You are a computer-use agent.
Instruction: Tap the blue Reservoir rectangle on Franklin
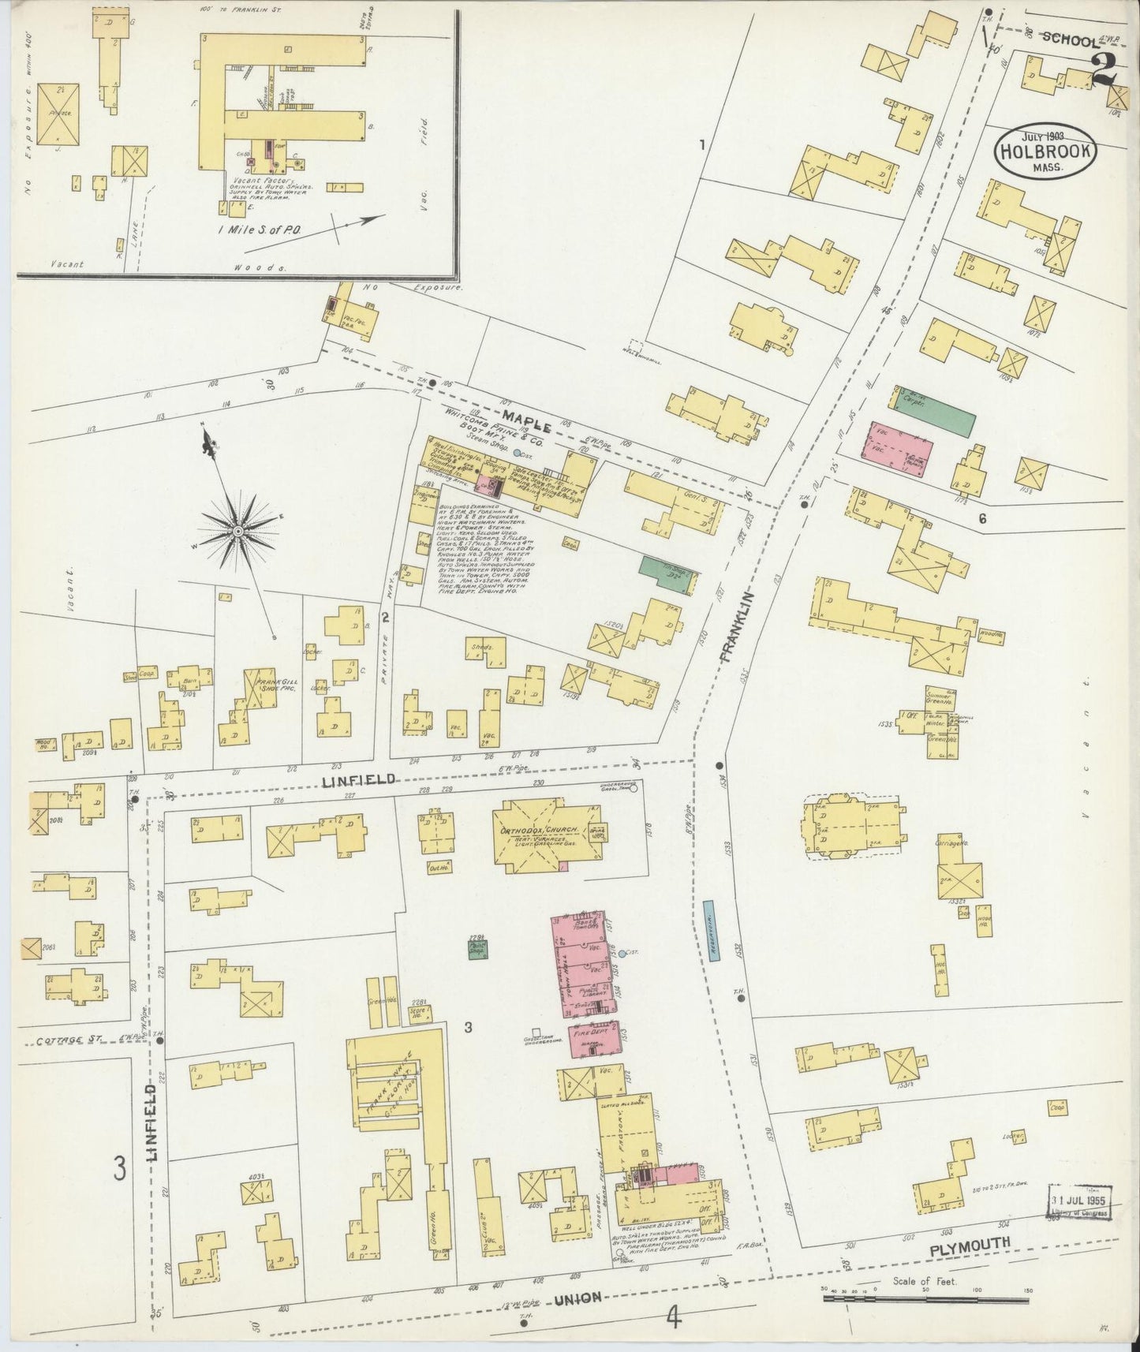click(x=709, y=930)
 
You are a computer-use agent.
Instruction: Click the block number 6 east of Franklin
click(x=982, y=518)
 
